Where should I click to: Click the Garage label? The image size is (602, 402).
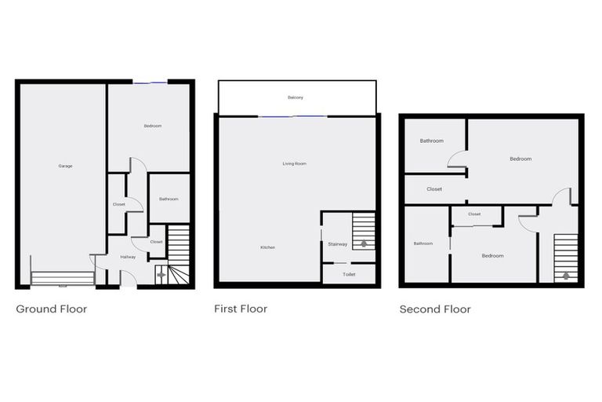pyautogui.click(x=65, y=166)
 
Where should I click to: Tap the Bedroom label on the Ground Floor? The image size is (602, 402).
pyautogui.click(x=152, y=126)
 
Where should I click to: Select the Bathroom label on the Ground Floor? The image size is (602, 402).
pyautogui.click(x=169, y=199)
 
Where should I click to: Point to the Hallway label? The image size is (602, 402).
pyautogui.click(x=129, y=257)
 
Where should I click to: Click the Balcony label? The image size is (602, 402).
pyautogui.click(x=296, y=97)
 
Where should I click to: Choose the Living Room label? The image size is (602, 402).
pyautogui.click(x=295, y=163)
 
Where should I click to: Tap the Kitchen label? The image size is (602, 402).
pyautogui.click(x=267, y=247)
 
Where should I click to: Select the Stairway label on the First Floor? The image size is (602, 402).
pyautogui.click(x=338, y=244)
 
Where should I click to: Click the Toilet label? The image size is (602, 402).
pyautogui.click(x=349, y=275)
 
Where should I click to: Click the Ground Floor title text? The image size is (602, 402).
pyautogui.click(x=52, y=309)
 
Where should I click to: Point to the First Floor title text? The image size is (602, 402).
pyautogui.click(x=241, y=309)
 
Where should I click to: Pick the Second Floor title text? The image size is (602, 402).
pyautogui.click(x=435, y=309)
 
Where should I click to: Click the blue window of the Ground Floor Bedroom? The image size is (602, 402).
pyautogui.click(x=149, y=82)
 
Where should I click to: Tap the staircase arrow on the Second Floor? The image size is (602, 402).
pyautogui.click(x=565, y=276)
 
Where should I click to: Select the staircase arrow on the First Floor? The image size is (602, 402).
pyautogui.click(x=363, y=243)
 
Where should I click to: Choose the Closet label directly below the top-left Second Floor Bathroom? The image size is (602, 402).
pyautogui.click(x=434, y=189)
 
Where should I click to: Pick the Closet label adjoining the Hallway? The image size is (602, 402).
pyautogui.click(x=156, y=242)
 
